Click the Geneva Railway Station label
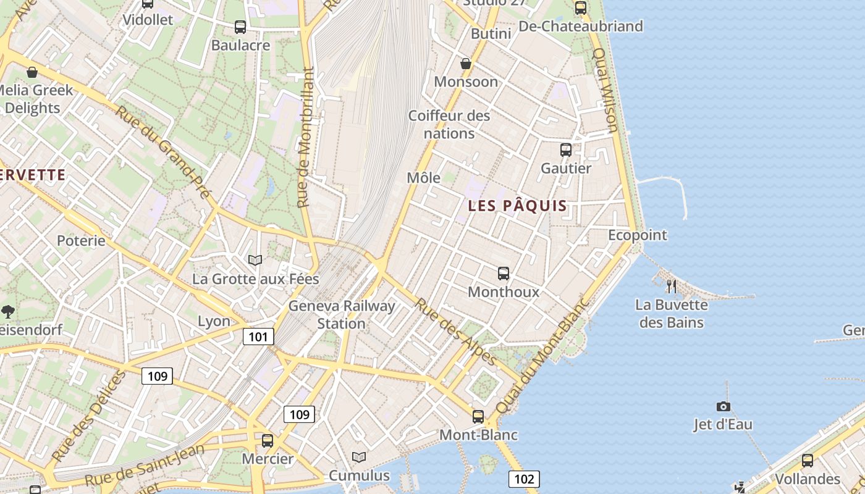[x=342, y=314]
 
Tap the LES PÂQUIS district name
[x=517, y=206]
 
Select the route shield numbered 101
[x=258, y=337]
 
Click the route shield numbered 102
[x=524, y=479]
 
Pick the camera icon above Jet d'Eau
[x=723, y=406]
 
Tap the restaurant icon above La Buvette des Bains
[x=672, y=286]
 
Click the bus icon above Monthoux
[x=504, y=273]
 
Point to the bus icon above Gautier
[x=565, y=149]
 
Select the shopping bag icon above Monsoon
[x=466, y=64]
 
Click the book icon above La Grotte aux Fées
[x=255, y=261]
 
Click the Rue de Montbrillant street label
[x=306, y=137]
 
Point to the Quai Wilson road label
[x=605, y=90]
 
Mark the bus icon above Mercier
[x=268, y=441]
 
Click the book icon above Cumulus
[x=359, y=458]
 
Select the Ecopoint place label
[x=638, y=235]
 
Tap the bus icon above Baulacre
[x=240, y=27]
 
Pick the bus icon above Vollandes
[x=808, y=461]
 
